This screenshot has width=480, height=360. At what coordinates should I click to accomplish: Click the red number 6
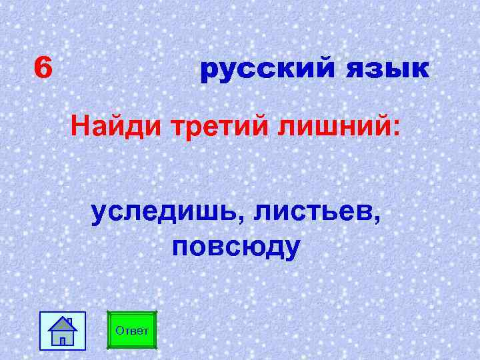(x=43, y=67)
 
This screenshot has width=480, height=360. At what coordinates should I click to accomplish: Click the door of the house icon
(x=63, y=340)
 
